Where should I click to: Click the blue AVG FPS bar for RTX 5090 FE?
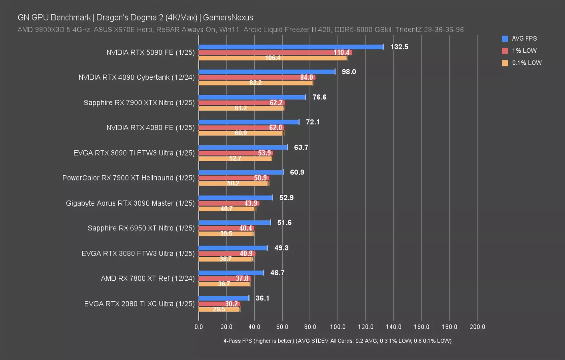coord(291,47)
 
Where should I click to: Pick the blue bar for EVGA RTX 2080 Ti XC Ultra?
coord(224,298)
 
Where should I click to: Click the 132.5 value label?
coord(399,47)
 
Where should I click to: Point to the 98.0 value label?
coord(349,72)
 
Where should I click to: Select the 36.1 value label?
coord(262,298)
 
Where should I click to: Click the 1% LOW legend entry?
coord(524,51)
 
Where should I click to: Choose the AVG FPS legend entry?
coord(524,38)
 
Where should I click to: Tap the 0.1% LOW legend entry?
coord(526,63)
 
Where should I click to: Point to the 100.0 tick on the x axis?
coord(338,327)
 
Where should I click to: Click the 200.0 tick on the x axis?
coord(477,327)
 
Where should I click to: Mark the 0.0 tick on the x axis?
coord(199,327)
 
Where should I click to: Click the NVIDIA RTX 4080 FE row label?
coord(150,128)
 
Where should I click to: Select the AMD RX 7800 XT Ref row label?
coord(148,278)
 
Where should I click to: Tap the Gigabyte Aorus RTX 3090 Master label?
coord(130,203)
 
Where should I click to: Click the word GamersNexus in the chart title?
coord(228,18)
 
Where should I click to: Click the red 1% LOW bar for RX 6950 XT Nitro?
coord(226,228)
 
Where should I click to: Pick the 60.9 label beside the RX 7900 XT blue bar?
coord(297,172)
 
